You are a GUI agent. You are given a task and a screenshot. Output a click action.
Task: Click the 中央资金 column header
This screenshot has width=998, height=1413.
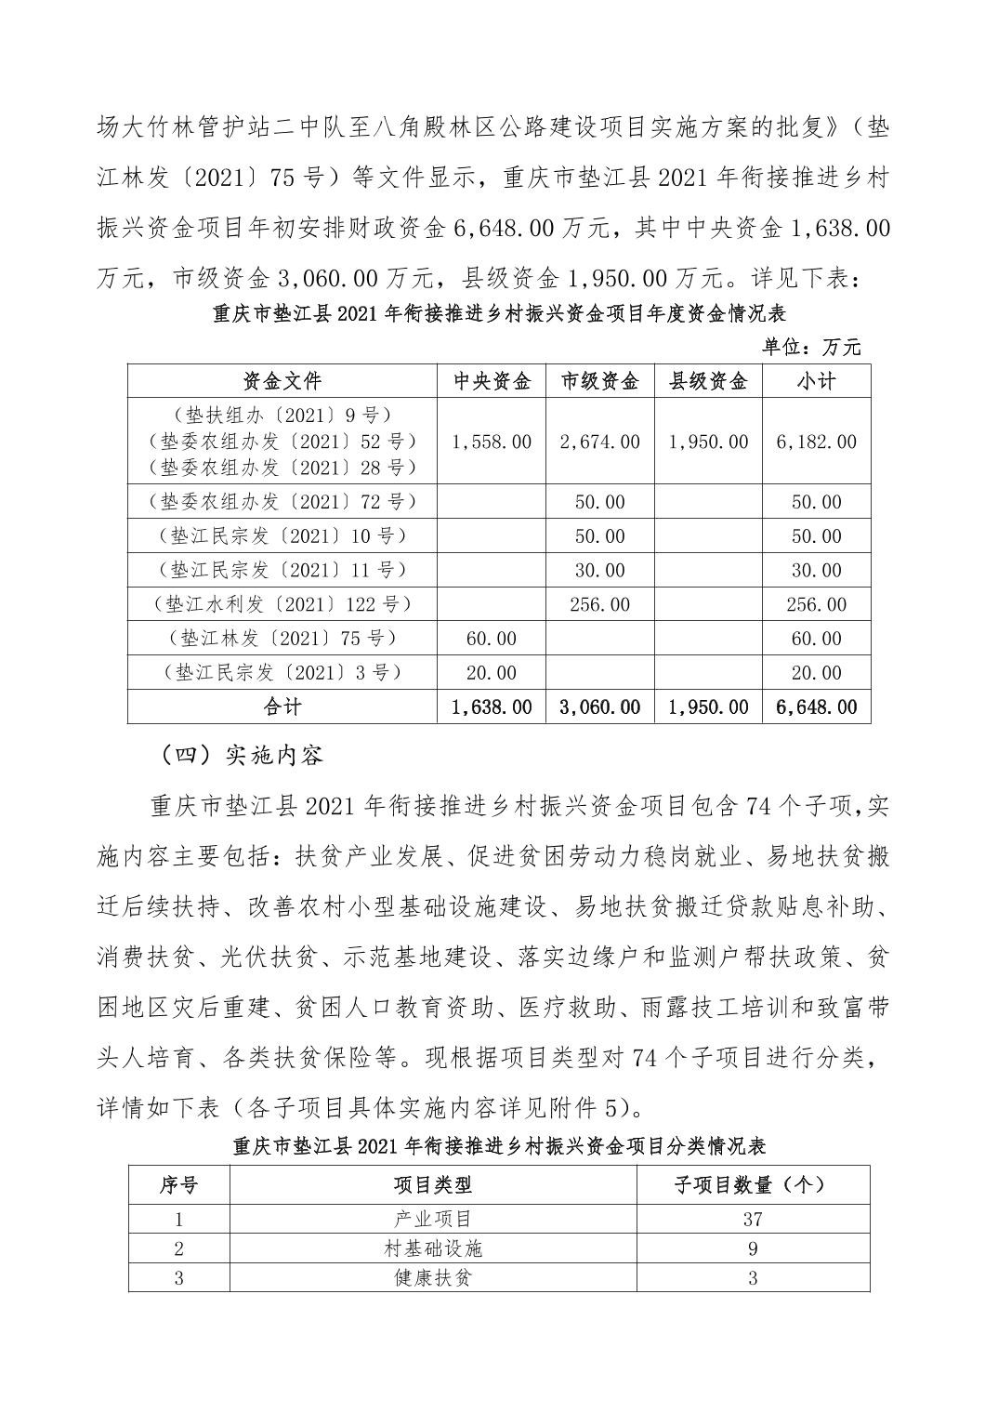tap(492, 381)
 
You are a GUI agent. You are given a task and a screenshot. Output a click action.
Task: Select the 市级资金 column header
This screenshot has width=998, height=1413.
tap(599, 381)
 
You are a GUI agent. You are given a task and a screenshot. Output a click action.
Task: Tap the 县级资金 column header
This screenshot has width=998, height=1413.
tap(708, 381)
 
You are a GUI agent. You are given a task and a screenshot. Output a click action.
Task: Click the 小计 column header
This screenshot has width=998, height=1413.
tap(816, 381)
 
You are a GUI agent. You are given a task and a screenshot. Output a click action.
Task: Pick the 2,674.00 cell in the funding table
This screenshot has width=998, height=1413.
tap(599, 442)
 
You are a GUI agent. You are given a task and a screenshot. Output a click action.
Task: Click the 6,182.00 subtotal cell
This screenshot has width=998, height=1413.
tap(816, 442)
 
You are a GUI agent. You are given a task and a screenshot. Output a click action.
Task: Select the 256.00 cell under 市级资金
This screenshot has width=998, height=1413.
tap(599, 604)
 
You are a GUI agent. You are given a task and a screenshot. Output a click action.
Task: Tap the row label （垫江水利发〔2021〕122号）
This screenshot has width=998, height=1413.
tap(282, 604)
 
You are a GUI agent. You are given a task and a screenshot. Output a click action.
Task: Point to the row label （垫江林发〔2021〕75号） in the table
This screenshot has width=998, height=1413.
tap(282, 639)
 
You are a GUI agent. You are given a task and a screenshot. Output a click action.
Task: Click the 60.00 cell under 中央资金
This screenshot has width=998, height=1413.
tap(492, 639)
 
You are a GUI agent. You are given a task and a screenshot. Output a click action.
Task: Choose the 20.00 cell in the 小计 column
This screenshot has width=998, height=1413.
tap(816, 673)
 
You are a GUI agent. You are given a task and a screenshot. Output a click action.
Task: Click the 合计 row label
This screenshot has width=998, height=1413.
tap(282, 706)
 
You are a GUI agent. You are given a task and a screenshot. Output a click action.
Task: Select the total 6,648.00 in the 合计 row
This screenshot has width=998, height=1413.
tap(816, 706)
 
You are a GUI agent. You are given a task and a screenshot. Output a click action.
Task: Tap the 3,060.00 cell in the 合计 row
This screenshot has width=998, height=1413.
tap(599, 706)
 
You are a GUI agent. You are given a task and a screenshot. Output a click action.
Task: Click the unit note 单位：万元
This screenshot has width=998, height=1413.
tap(811, 348)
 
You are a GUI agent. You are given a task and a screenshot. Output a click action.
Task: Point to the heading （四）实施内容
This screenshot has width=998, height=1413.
tap(240, 755)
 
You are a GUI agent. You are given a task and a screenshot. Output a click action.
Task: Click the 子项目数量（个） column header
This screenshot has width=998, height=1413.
tap(752, 1184)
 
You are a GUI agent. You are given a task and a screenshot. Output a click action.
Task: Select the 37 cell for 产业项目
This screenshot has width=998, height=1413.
tap(752, 1219)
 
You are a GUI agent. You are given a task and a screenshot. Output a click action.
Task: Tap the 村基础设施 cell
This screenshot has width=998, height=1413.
tap(433, 1248)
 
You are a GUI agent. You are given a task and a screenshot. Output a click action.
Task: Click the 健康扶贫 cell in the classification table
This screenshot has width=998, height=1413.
tap(433, 1278)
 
